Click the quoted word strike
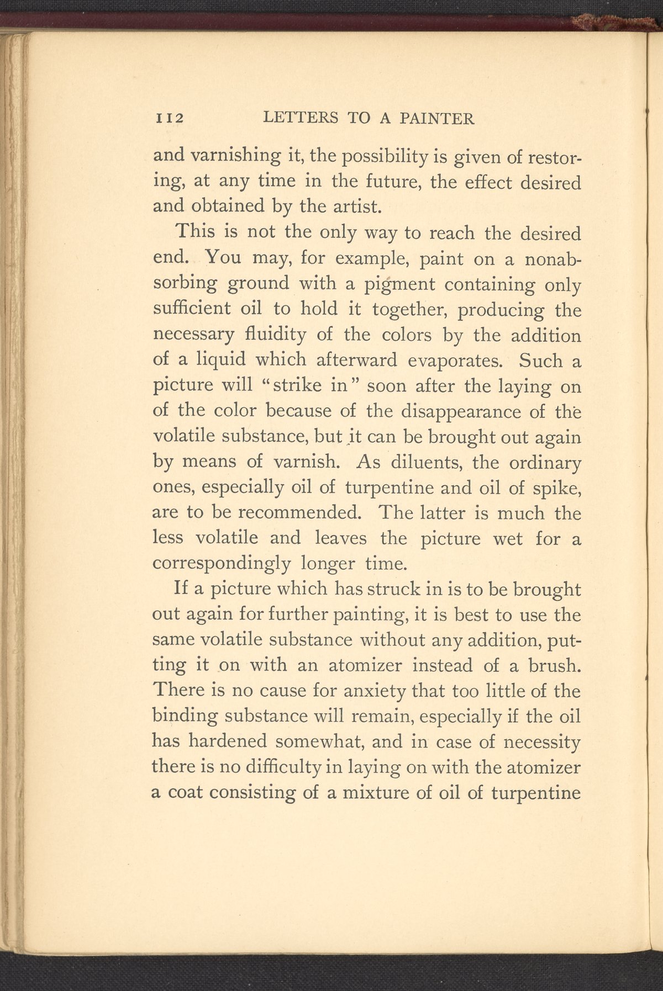[295, 385]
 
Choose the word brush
[554, 665]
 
